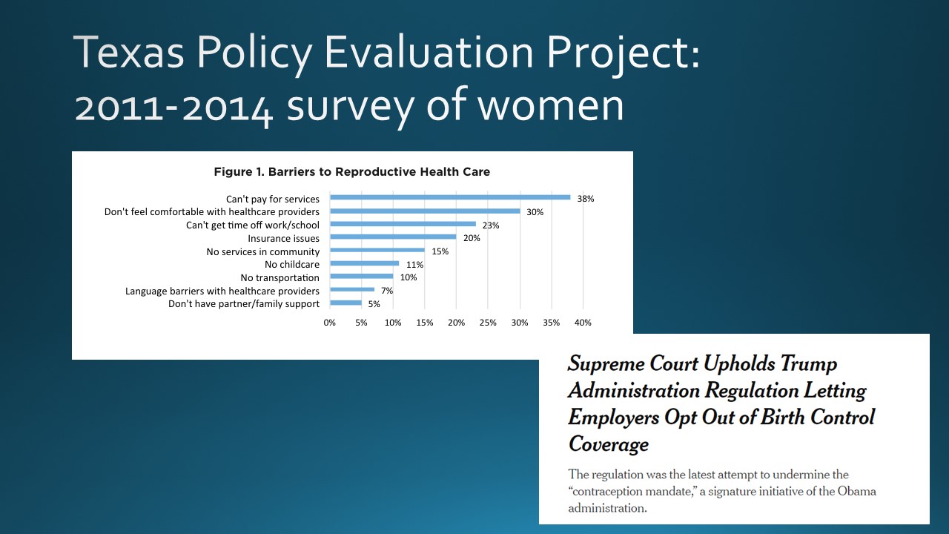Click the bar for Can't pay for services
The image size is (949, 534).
pyautogui.click(x=450, y=197)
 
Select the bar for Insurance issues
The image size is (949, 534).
pyautogui.click(x=393, y=237)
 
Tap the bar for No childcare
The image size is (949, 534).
pyautogui.click(x=365, y=263)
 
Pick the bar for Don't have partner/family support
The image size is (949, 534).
pyautogui.click(x=345, y=303)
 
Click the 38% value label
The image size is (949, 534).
pyautogui.click(x=586, y=199)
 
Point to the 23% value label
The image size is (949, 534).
pyautogui.click(x=491, y=225)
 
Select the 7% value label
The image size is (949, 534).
pyautogui.click(x=387, y=291)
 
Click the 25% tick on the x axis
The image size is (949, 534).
pyautogui.click(x=488, y=323)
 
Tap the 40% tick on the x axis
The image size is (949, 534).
pyautogui.click(x=583, y=323)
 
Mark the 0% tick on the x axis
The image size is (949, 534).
pyautogui.click(x=330, y=323)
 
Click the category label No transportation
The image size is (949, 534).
pyautogui.click(x=280, y=277)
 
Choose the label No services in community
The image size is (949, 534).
pyautogui.click(x=263, y=251)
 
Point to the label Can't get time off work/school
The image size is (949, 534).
pyautogui.click(x=253, y=225)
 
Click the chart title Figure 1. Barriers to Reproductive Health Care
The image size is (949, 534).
pyautogui.click(x=352, y=172)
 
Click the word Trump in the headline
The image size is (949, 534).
pyautogui.click(x=801, y=364)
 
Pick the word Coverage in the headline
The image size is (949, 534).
pyautogui.click(x=608, y=444)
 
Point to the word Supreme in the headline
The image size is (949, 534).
pyautogui.click(x=606, y=364)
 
